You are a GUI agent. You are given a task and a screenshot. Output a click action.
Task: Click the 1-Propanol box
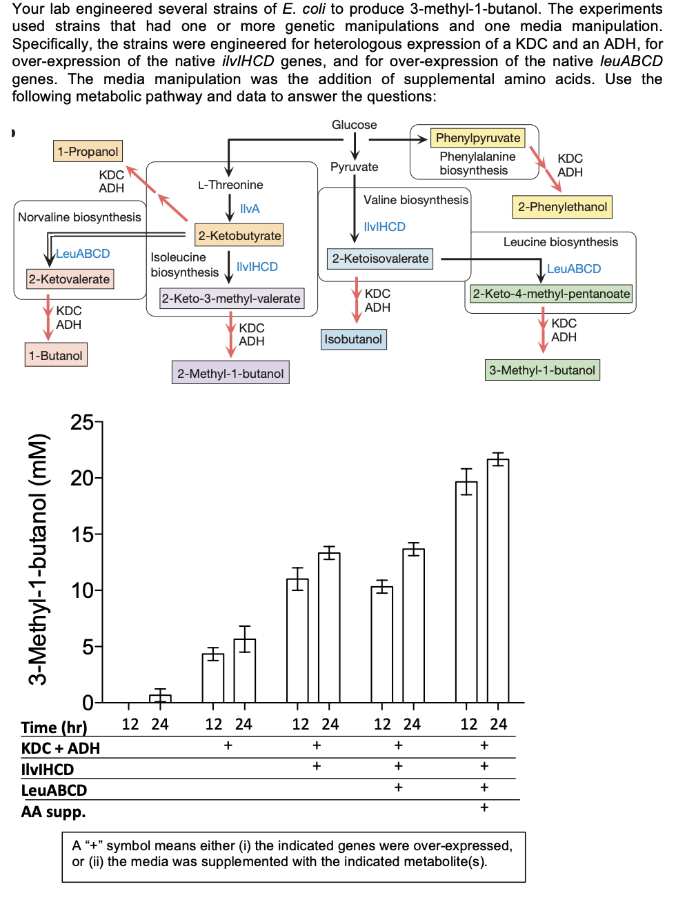point(88,151)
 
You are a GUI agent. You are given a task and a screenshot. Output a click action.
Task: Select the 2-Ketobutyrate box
point(239,235)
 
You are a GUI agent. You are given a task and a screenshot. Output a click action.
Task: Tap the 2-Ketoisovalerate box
point(380,259)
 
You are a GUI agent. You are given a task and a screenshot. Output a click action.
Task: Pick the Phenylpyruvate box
point(477,138)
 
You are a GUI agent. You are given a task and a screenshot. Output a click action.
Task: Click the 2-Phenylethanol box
point(562,207)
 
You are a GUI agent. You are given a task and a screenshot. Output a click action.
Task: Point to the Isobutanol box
point(353,339)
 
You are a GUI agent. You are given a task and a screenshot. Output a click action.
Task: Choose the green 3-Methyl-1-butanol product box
point(542,370)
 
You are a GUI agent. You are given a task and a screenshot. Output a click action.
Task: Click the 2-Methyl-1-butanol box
point(230,373)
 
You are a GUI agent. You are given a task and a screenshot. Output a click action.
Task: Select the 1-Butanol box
point(56,355)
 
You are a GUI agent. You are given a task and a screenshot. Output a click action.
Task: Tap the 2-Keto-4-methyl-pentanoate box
point(551,294)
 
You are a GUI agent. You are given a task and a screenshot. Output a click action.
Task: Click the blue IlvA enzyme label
point(250,209)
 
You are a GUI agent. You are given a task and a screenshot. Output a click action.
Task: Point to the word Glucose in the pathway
point(354,125)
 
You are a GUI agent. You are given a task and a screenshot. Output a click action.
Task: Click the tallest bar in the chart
point(498,579)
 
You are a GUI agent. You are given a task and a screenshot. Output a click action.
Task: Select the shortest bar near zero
point(160,698)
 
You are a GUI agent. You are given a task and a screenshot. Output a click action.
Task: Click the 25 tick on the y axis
point(82,422)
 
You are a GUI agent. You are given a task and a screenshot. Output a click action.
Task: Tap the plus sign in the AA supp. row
point(484,808)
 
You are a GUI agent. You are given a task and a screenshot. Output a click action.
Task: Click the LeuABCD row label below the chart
point(54,790)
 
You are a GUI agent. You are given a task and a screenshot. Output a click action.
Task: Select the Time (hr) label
point(54,728)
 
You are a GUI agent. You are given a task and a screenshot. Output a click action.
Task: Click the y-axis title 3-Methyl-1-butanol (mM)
point(39,559)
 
